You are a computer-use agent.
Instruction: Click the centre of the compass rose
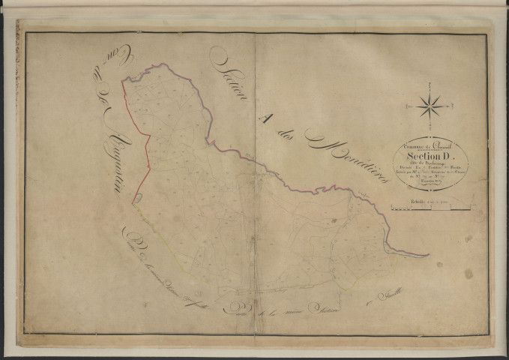pyautogui.click(x=429, y=106)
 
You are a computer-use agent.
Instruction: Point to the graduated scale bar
pyautogui.click(x=428, y=207)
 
